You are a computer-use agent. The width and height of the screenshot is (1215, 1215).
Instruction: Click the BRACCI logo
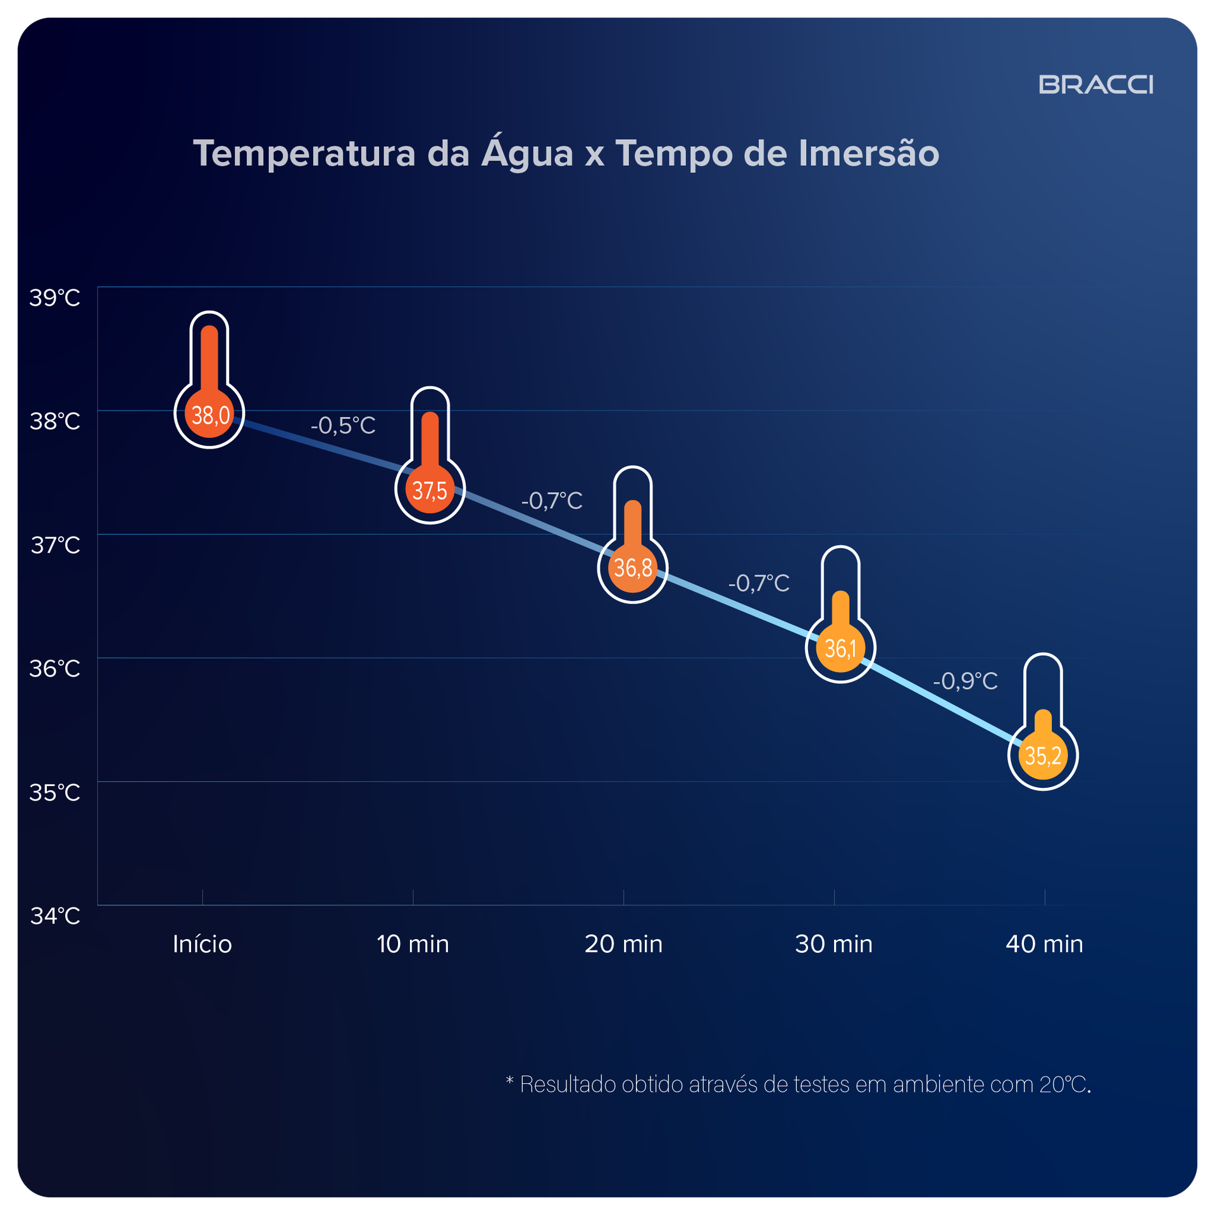tap(1095, 85)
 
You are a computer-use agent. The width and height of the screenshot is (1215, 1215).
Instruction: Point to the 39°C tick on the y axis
tap(55, 297)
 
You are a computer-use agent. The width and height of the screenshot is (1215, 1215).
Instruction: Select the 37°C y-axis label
tap(55, 545)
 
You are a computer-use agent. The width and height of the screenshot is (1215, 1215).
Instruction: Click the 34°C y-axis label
tap(55, 916)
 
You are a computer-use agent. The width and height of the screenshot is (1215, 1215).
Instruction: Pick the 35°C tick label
tap(55, 792)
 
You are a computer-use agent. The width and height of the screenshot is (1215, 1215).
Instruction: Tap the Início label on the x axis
tap(202, 944)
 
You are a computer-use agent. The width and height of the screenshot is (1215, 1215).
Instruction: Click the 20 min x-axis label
tap(623, 944)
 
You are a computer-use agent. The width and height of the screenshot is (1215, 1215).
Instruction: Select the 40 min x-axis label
tap(1044, 944)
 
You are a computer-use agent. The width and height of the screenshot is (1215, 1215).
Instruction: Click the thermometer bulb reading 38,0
tap(209, 413)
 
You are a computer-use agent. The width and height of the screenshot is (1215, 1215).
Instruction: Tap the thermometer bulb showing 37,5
tap(430, 489)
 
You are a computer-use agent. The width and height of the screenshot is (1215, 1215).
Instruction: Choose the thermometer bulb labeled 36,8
tap(632, 568)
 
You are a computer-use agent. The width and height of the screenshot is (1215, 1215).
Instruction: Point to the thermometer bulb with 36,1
tap(840, 647)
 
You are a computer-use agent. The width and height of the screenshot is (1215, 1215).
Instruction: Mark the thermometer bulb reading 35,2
tap(1043, 755)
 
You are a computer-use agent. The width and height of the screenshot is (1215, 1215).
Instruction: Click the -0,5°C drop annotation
tap(343, 425)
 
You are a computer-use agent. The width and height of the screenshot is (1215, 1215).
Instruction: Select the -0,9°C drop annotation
tap(965, 681)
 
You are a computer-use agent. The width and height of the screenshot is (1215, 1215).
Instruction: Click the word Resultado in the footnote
tap(568, 1085)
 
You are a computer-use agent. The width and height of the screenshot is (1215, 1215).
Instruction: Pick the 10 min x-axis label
tap(413, 944)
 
